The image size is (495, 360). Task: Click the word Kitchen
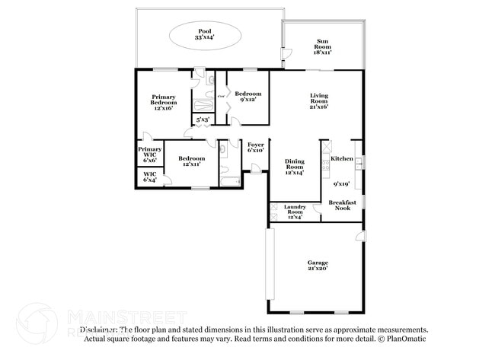pyautogui.click(x=342, y=158)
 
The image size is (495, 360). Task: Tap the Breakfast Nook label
pyautogui.click(x=343, y=205)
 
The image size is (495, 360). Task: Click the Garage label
pyautogui.click(x=318, y=263)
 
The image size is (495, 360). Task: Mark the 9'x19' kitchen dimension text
pyautogui.click(x=341, y=183)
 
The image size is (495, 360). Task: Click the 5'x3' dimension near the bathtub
pyautogui.click(x=203, y=119)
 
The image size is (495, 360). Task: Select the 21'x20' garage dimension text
pyautogui.click(x=318, y=269)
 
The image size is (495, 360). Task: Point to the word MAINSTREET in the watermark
pyautogui.click(x=127, y=315)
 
